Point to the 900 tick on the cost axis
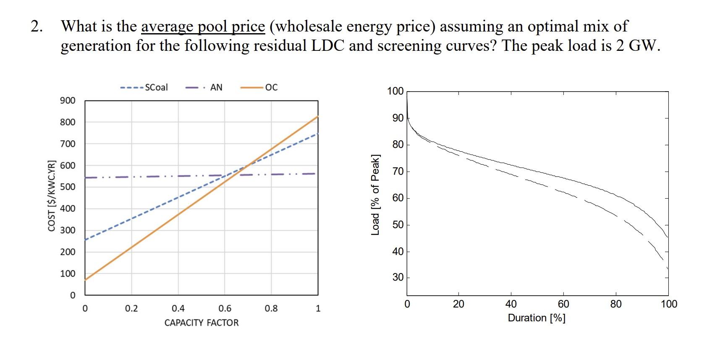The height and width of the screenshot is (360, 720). tap(68, 100)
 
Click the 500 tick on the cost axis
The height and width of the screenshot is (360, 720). tap(68, 187)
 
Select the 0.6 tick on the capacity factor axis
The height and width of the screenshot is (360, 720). tap(225, 309)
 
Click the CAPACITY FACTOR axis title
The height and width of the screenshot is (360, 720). tap(201, 323)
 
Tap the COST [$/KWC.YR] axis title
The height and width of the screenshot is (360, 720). tap(52, 195)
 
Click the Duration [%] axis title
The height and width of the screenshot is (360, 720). tap(537, 318)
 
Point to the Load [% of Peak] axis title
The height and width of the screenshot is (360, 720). tap(375, 194)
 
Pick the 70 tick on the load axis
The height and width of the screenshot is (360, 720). tap(398, 171)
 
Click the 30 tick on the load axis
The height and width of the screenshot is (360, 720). tap(398, 277)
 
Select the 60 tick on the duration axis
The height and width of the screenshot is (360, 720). tap(563, 304)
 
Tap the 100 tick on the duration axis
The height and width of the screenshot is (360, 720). tap(669, 304)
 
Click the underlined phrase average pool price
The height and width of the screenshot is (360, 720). tap(203, 27)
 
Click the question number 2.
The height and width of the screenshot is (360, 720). tap(37, 27)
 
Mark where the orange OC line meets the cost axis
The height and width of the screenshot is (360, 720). tap(85, 280)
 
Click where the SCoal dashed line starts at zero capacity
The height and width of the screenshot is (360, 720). tap(85, 240)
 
